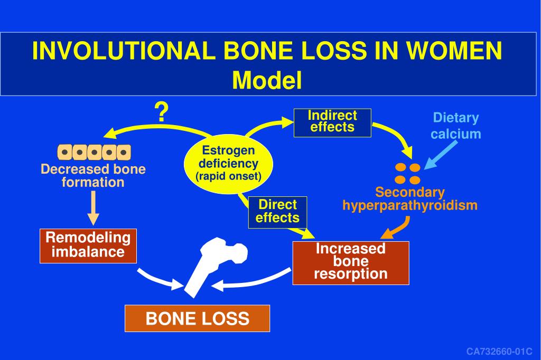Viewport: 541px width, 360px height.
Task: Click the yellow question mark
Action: coord(161,112)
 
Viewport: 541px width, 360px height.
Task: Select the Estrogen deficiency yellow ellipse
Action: coord(229,163)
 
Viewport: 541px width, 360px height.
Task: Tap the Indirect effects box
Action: coord(332,122)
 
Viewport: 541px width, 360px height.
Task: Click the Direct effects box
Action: coord(277,211)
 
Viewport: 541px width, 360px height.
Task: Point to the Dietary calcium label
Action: coord(455,126)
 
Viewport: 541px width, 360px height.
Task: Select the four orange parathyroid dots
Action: coord(408,173)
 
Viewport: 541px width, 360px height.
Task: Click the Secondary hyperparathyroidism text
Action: coord(410,199)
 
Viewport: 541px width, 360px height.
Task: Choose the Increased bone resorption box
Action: coord(351,261)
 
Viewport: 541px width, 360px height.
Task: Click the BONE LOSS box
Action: coord(197,318)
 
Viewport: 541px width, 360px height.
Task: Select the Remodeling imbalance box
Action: coord(88,245)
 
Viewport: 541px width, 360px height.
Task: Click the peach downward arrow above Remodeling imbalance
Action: coord(94,208)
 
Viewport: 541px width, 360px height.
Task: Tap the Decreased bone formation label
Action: coord(94,176)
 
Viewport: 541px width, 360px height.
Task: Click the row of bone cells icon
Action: coord(94,153)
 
